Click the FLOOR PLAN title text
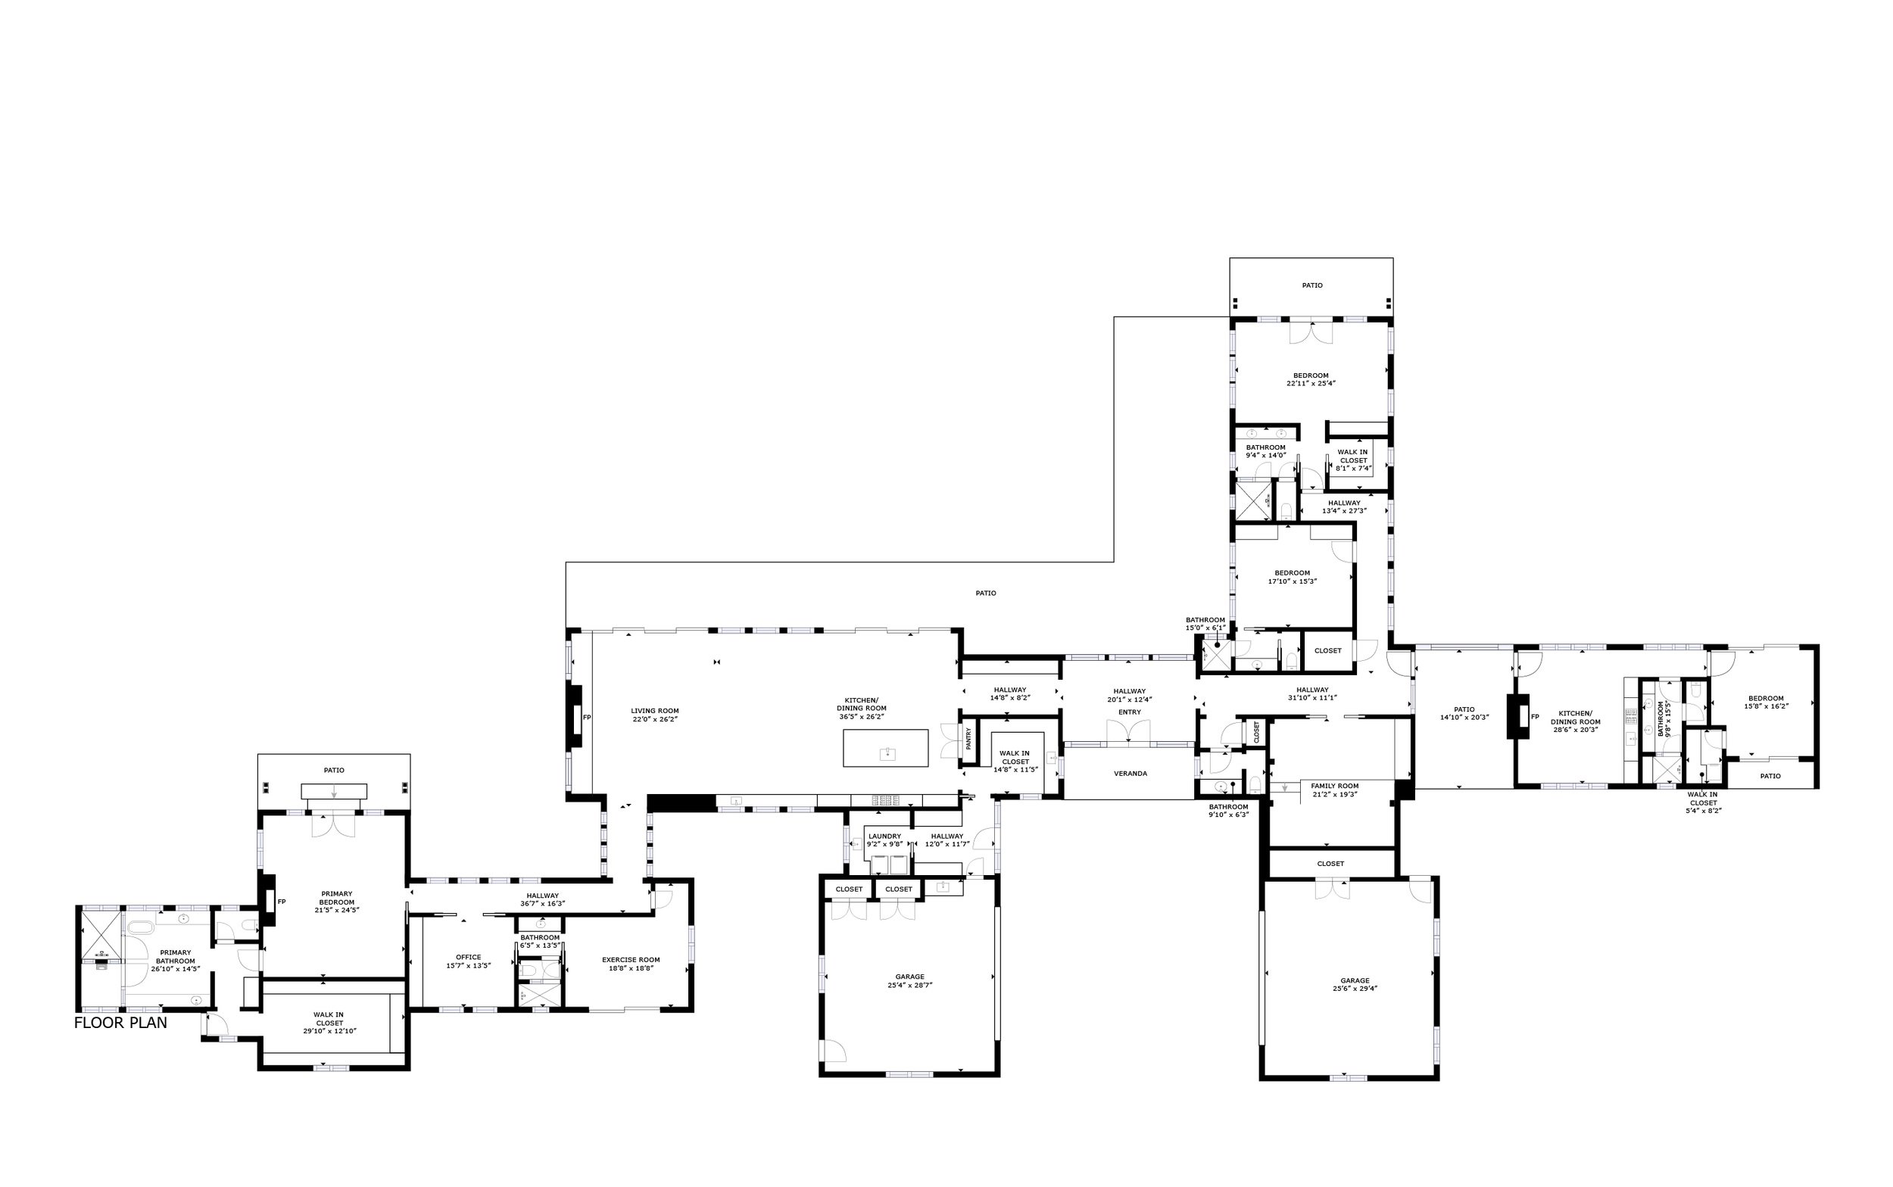[120, 1023]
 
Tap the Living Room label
[654, 712]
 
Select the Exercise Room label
[631, 959]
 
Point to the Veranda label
[1130, 773]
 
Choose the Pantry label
[968, 737]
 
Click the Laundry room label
[884, 836]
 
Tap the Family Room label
[1334, 786]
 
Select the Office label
[468, 957]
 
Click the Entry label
[1129, 712]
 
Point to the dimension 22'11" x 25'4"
[1311, 384]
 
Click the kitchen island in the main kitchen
[885, 747]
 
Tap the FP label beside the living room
[587, 717]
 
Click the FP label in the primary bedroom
[281, 902]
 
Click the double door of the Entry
[1128, 732]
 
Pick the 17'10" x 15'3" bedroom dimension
[1292, 581]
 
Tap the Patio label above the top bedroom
[1312, 285]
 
